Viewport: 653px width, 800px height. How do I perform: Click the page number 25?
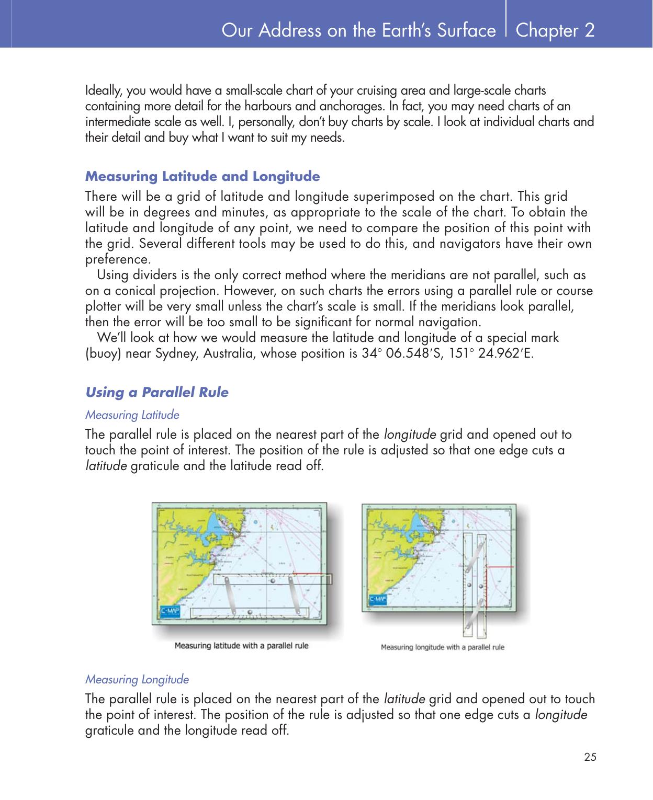point(590,757)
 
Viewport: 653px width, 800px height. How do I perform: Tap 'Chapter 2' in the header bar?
point(555,30)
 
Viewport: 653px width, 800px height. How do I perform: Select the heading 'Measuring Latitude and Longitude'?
point(202,176)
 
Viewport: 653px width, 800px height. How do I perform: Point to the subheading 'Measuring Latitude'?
point(132,415)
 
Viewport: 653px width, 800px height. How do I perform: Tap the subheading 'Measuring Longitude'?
point(137,680)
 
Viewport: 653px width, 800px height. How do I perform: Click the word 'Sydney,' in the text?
point(176,353)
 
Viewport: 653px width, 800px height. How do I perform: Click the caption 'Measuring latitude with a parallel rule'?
point(241,645)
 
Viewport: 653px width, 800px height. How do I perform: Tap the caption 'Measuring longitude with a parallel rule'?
point(442,647)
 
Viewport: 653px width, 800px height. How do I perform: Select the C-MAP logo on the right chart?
point(378,599)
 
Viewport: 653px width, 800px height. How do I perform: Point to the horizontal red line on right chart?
point(500,567)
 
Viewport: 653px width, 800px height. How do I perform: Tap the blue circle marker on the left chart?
point(254,522)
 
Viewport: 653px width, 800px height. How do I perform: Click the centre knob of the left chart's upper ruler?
point(272,579)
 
